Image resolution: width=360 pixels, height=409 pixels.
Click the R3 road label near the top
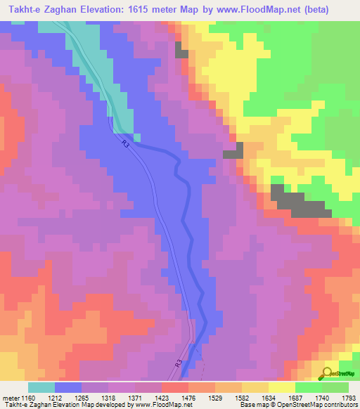[x=124, y=143]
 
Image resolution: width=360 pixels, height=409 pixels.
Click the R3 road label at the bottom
[x=179, y=365]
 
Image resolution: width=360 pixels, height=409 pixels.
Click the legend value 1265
[x=91, y=398]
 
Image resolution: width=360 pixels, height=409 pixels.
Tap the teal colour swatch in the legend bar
[x=41, y=387]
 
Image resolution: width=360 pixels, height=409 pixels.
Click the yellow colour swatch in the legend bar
[x=281, y=387]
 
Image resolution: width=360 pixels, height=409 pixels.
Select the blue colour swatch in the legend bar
[x=68, y=387]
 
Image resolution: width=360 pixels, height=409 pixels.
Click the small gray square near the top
[x=181, y=52]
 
